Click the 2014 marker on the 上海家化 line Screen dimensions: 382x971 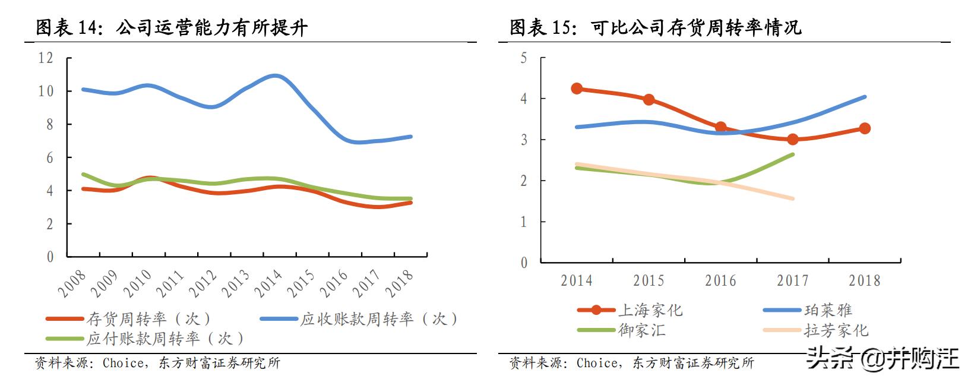pos(577,89)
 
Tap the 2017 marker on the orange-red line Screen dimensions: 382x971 pos(793,139)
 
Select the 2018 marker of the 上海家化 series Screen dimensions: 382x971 pos(865,128)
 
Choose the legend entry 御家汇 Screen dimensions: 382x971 pos(642,330)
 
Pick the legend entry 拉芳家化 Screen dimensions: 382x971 pos(836,330)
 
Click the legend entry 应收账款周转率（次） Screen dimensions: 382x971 pos(379,319)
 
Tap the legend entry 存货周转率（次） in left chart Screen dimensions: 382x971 pos(148,319)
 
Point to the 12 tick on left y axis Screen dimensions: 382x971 pos(46,58)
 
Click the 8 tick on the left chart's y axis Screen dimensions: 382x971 pos(50,124)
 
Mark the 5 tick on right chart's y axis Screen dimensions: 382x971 pos(523,58)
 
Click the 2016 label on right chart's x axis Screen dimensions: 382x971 pos(720,281)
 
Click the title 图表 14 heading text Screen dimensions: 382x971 pos(172,27)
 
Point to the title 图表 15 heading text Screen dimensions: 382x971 pos(656,27)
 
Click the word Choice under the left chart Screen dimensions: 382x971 pos(123,362)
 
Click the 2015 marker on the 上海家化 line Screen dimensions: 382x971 pos(649,99)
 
